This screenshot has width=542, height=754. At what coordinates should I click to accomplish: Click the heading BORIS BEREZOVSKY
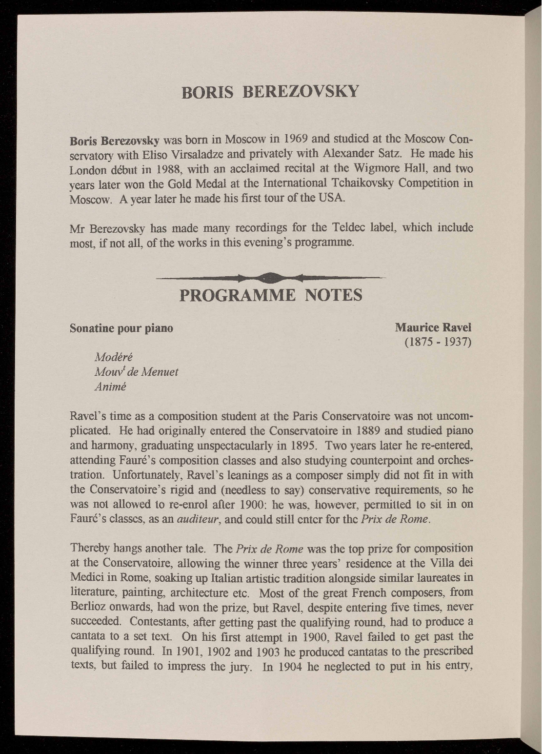point(271,91)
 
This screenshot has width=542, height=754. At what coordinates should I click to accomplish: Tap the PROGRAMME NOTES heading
point(271,296)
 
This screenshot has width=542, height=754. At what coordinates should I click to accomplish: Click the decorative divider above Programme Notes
point(271,278)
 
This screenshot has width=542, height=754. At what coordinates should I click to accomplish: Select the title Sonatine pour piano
point(121,328)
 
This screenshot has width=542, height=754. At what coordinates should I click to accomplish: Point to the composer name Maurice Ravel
point(433,327)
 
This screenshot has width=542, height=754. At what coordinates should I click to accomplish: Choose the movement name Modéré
point(114,357)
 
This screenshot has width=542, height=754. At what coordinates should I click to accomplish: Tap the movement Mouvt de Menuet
point(137,372)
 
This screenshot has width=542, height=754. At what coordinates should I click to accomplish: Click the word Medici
point(87,578)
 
